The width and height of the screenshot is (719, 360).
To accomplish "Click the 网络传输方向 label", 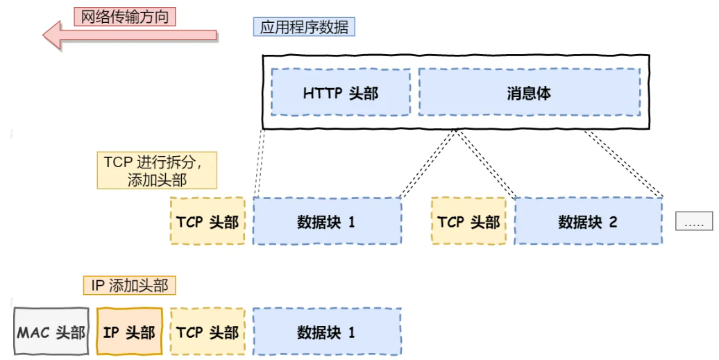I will point(125,16).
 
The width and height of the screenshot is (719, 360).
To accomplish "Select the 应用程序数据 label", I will point(304,27).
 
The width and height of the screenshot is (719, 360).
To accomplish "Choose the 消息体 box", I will point(529,92).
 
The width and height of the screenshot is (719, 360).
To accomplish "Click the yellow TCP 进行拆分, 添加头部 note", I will point(156,171).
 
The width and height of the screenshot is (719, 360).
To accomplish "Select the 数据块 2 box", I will point(588,221).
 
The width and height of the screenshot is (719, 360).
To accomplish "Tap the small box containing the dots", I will point(694,221).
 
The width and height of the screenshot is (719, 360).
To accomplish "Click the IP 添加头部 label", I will point(129,285).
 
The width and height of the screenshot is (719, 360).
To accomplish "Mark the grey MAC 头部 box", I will point(51,332).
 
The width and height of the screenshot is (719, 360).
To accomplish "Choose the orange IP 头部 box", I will point(129,332).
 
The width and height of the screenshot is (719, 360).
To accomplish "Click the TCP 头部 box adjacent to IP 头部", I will point(208,332).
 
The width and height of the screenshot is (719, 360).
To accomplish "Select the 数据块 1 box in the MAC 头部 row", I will point(326,332).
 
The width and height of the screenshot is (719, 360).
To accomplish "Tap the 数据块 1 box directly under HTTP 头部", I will point(326,221).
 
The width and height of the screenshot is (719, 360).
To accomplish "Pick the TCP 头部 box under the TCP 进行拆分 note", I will point(208,221).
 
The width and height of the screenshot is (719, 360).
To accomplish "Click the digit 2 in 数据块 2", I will point(613,222).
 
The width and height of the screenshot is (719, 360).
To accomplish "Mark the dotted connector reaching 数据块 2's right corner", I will point(625,163).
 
